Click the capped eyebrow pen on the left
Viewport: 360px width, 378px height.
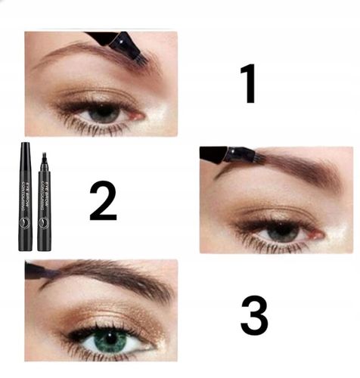(x=25, y=197)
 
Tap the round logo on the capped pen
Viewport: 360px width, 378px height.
(x=25, y=223)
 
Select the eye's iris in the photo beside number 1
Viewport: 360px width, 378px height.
(x=104, y=113)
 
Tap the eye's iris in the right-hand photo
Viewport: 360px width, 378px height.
(x=282, y=231)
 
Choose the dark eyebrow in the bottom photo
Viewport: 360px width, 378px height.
(x=113, y=274)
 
